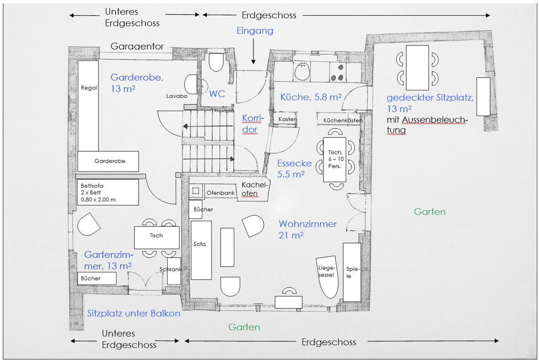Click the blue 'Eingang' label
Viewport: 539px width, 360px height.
(x=255, y=31)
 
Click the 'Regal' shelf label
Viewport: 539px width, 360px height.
(x=89, y=88)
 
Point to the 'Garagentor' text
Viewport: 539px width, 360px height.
(x=137, y=46)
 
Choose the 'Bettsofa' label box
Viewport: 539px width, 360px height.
(x=108, y=192)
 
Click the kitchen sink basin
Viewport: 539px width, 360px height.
(x=302, y=71)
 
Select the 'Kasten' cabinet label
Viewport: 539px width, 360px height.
(x=288, y=119)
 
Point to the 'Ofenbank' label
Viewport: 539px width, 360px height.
(x=221, y=193)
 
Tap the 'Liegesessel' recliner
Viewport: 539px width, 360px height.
(x=327, y=273)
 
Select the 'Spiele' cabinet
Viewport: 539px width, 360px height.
(x=352, y=272)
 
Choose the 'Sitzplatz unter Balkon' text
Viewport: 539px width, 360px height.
(x=133, y=313)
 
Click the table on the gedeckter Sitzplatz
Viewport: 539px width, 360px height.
(x=417, y=67)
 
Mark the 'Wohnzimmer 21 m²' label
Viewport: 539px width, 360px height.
(x=307, y=229)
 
